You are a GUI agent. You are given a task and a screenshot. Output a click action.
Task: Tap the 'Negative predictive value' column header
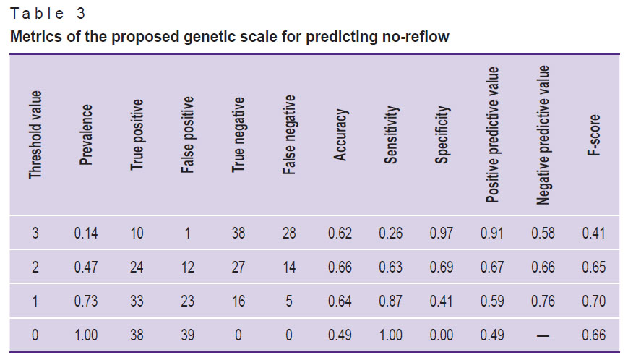(x=544, y=134)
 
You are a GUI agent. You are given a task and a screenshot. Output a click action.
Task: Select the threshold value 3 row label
(x=35, y=233)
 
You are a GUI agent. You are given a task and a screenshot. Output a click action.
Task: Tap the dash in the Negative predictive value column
(x=543, y=335)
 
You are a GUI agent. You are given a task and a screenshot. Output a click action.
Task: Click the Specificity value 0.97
(x=442, y=233)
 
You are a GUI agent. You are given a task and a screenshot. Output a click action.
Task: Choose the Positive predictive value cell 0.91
(x=493, y=233)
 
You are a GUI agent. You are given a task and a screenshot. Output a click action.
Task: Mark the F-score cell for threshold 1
(x=594, y=301)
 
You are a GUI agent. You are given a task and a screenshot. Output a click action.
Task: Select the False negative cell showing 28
(x=290, y=233)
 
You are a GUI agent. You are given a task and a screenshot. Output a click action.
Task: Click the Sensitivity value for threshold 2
(x=391, y=267)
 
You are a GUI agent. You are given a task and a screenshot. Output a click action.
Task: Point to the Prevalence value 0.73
(x=86, y=301)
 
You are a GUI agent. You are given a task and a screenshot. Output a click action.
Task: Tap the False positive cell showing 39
(x=188, y=335)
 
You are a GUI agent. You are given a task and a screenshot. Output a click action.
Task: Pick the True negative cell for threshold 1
(x=238, y=301)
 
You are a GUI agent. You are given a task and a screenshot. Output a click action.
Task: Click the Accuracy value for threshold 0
(x=340, y=335)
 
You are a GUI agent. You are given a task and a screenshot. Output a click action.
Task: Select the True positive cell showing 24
(x=137, y=267)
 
